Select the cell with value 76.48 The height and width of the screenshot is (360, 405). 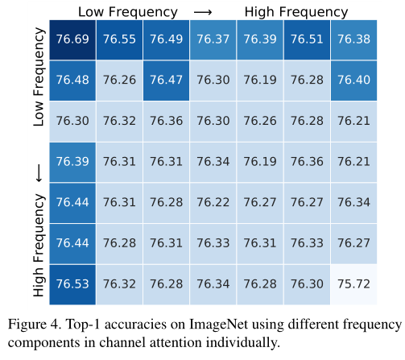point(72,81)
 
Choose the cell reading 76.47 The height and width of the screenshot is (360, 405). point(167,81)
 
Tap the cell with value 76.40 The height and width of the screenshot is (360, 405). point(353,81)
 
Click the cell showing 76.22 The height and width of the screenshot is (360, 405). point(213,202)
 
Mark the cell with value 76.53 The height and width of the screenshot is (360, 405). point(72,283)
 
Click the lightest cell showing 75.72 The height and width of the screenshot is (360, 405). point(353,283)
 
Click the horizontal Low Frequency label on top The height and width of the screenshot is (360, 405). point(127,11)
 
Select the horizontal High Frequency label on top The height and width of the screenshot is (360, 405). point(296,11)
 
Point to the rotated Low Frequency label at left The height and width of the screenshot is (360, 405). point(37,76)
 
